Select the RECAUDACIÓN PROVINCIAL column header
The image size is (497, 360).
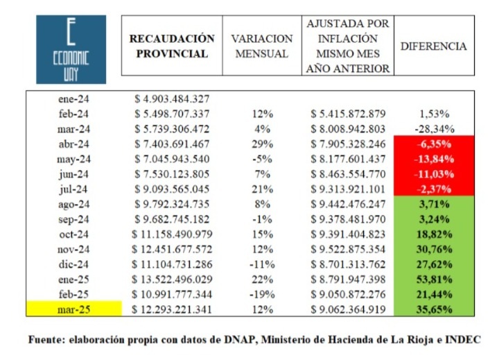(x=172, y=46)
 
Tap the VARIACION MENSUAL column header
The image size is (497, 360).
(x=261, y=46)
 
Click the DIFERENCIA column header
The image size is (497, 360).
(x=434, y=46)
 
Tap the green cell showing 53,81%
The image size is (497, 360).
(x=434, y=279)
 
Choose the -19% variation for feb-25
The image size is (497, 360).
(x=262, y=294)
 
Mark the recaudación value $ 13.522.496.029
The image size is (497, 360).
(x=172, y=279)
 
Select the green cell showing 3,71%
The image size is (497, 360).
(x=434, y=204)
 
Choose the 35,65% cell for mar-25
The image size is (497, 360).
(x=434, y=309)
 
